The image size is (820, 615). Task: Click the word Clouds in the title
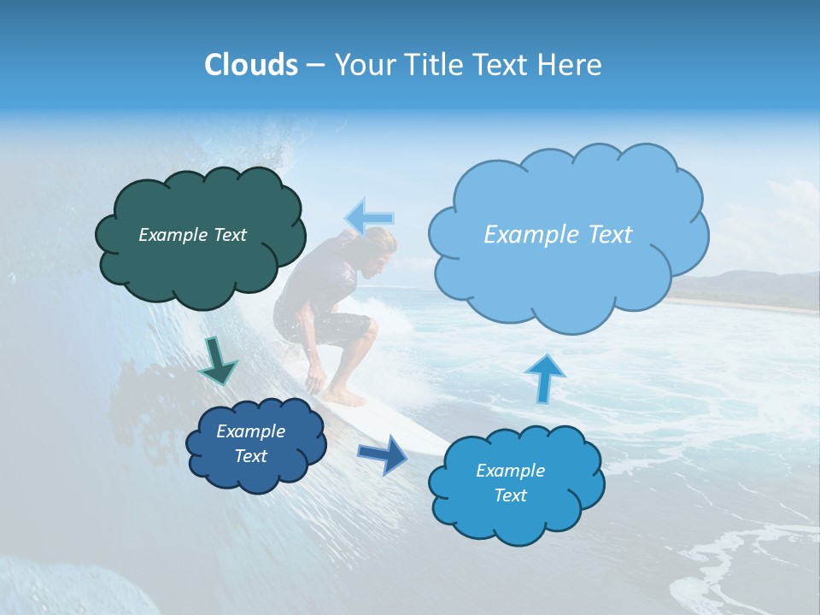tap(250, 65)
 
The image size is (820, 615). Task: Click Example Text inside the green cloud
tap(192, 235)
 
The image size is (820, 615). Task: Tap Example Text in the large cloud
tap(558, 235)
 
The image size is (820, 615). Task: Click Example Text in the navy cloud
tap(250, 443)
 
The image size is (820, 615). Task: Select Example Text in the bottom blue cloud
tap(510, 483)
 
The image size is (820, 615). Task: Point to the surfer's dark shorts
tap(342, 329)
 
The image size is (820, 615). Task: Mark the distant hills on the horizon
tap(752, 286)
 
